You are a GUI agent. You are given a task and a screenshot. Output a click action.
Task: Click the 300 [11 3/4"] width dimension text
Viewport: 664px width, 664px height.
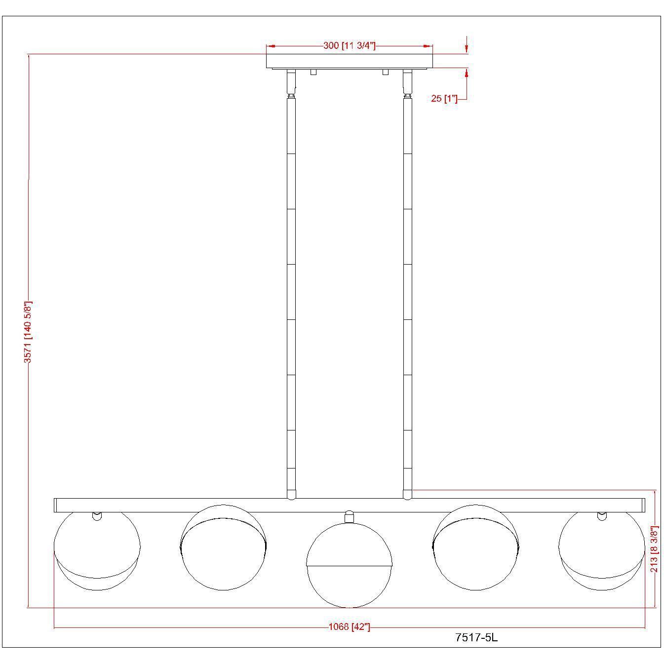pos(349,46)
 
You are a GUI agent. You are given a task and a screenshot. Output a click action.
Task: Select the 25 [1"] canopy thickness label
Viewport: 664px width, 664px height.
pos(444,99)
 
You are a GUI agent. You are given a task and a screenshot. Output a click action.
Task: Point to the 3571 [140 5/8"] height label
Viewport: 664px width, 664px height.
pos(28,332)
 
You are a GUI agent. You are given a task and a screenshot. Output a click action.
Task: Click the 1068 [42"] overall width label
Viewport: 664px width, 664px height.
pos(349,627)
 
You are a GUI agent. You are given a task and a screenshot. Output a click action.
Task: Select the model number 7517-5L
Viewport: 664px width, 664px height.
pos(476,638)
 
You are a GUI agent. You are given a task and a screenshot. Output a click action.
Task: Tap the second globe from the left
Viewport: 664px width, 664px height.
pos(223,548)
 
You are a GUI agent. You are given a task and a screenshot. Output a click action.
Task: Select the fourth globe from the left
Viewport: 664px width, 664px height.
pos(475,548)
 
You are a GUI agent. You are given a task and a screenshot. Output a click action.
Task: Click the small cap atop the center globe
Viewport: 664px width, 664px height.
pos(349,517)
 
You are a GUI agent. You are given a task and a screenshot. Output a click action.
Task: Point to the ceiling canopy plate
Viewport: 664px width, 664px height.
pos(349,61)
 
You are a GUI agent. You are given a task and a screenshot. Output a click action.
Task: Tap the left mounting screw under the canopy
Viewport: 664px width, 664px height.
pos(313,72)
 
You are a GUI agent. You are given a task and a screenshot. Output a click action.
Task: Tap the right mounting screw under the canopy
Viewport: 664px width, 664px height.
pos(385,72)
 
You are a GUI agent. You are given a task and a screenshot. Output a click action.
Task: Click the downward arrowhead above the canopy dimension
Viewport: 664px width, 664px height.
pos(466,48)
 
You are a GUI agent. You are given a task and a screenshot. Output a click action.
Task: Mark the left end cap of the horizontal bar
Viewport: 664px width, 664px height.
pos(56,505)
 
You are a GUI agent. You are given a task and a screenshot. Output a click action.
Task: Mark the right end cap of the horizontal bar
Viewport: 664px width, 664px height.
pos(642,505)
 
